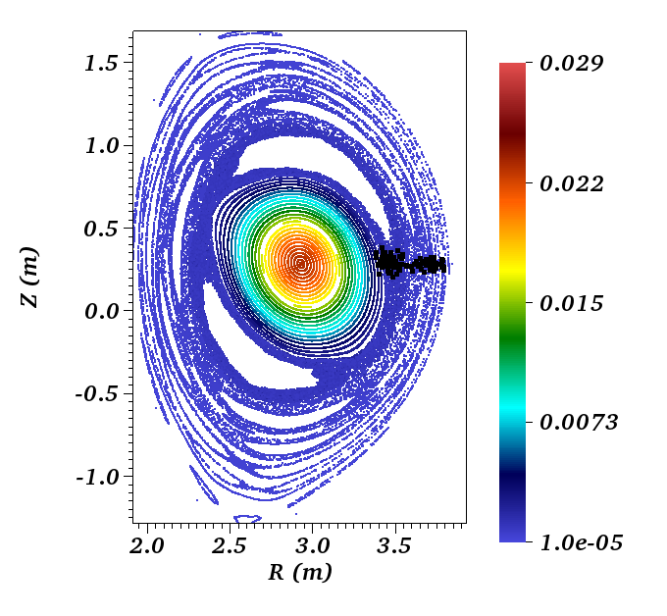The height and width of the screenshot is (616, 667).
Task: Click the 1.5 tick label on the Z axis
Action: pos(101,64)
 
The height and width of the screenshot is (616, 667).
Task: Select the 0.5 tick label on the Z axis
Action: pos(101,229)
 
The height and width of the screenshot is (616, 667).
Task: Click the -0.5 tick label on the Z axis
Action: pos(97,394)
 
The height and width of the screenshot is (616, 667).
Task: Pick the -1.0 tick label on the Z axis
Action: pos(97,477)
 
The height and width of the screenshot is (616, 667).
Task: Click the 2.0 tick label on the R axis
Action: pos(147,545)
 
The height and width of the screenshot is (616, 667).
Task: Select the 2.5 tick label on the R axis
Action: pos(230,545)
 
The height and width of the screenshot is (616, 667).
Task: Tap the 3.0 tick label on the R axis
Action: pos(312,545)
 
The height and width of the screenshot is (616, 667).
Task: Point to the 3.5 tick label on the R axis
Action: pos(394,545)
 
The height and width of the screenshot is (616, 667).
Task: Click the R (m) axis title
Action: pos(300,572)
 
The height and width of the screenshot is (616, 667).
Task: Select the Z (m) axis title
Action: pos(29,277)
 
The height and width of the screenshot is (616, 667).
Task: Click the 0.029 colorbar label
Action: pos(571,64)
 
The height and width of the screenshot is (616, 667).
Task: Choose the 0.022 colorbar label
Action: pos(571,183)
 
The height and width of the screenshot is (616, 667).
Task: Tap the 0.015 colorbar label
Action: pos(571,303)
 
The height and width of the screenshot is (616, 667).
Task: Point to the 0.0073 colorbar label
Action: pos(579,422)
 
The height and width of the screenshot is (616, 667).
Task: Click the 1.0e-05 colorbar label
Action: pos(581,543)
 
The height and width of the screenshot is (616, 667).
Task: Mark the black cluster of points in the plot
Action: pos(410,262)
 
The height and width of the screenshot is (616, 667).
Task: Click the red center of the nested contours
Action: pos(301,264)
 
